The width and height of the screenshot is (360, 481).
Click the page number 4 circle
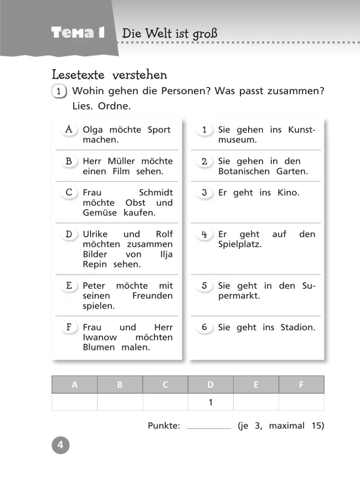click(x=60, y=445)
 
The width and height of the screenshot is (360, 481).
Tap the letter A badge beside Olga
click(x=69, y=130)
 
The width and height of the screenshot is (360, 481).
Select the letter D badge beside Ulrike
click(x=69, y=234)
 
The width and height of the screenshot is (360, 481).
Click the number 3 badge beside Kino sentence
click(x=204, y=193)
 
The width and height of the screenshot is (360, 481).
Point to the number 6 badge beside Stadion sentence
click(x=204, y=327)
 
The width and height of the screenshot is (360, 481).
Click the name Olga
click(x=92, y=130)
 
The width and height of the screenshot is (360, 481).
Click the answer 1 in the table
click(x=210, y=402)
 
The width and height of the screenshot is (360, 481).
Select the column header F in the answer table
click(x=301, y=385)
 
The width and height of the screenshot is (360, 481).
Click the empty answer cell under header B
click(x=120, y=402)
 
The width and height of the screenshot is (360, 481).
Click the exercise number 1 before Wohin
click(x=59, y=91)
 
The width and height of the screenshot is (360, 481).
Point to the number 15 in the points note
click(x=316, y=426)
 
